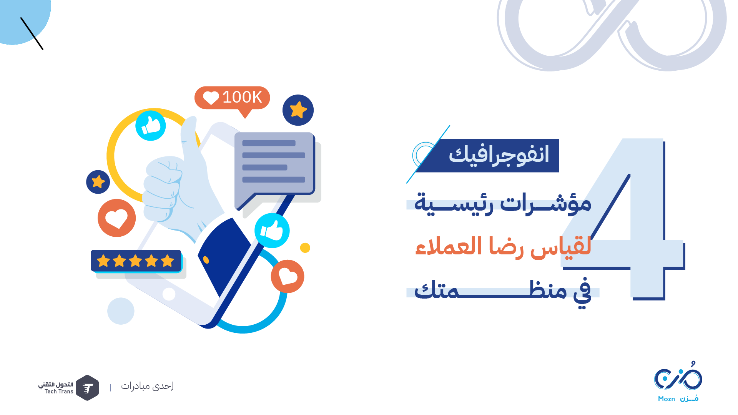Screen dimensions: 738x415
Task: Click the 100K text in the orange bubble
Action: point(242,97)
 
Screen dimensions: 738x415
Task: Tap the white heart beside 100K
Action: point(211,98)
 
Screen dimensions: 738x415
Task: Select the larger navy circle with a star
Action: point(298,110)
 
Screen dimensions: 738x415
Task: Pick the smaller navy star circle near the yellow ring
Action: point(98,182)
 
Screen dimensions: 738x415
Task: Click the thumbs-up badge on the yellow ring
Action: point(151,126)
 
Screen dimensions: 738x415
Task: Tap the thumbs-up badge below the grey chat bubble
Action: point(272,231)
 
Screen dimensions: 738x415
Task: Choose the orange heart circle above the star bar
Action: point(116,218)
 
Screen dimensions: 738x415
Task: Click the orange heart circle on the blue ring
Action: point(288,276)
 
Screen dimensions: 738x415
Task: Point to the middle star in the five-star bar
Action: point(135,261)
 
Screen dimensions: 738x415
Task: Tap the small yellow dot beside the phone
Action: point(305,248)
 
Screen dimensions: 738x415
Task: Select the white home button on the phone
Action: point(169,294)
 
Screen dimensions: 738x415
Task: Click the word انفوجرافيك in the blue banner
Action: point(499,155)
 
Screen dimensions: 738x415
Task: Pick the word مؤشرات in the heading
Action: point(546,203)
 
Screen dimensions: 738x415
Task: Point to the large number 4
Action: point(623,219)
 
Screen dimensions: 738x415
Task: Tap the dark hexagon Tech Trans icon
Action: point(87,388)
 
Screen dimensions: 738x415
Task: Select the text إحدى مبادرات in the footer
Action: point(147,386)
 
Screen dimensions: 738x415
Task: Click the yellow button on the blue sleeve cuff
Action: point(206,260)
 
